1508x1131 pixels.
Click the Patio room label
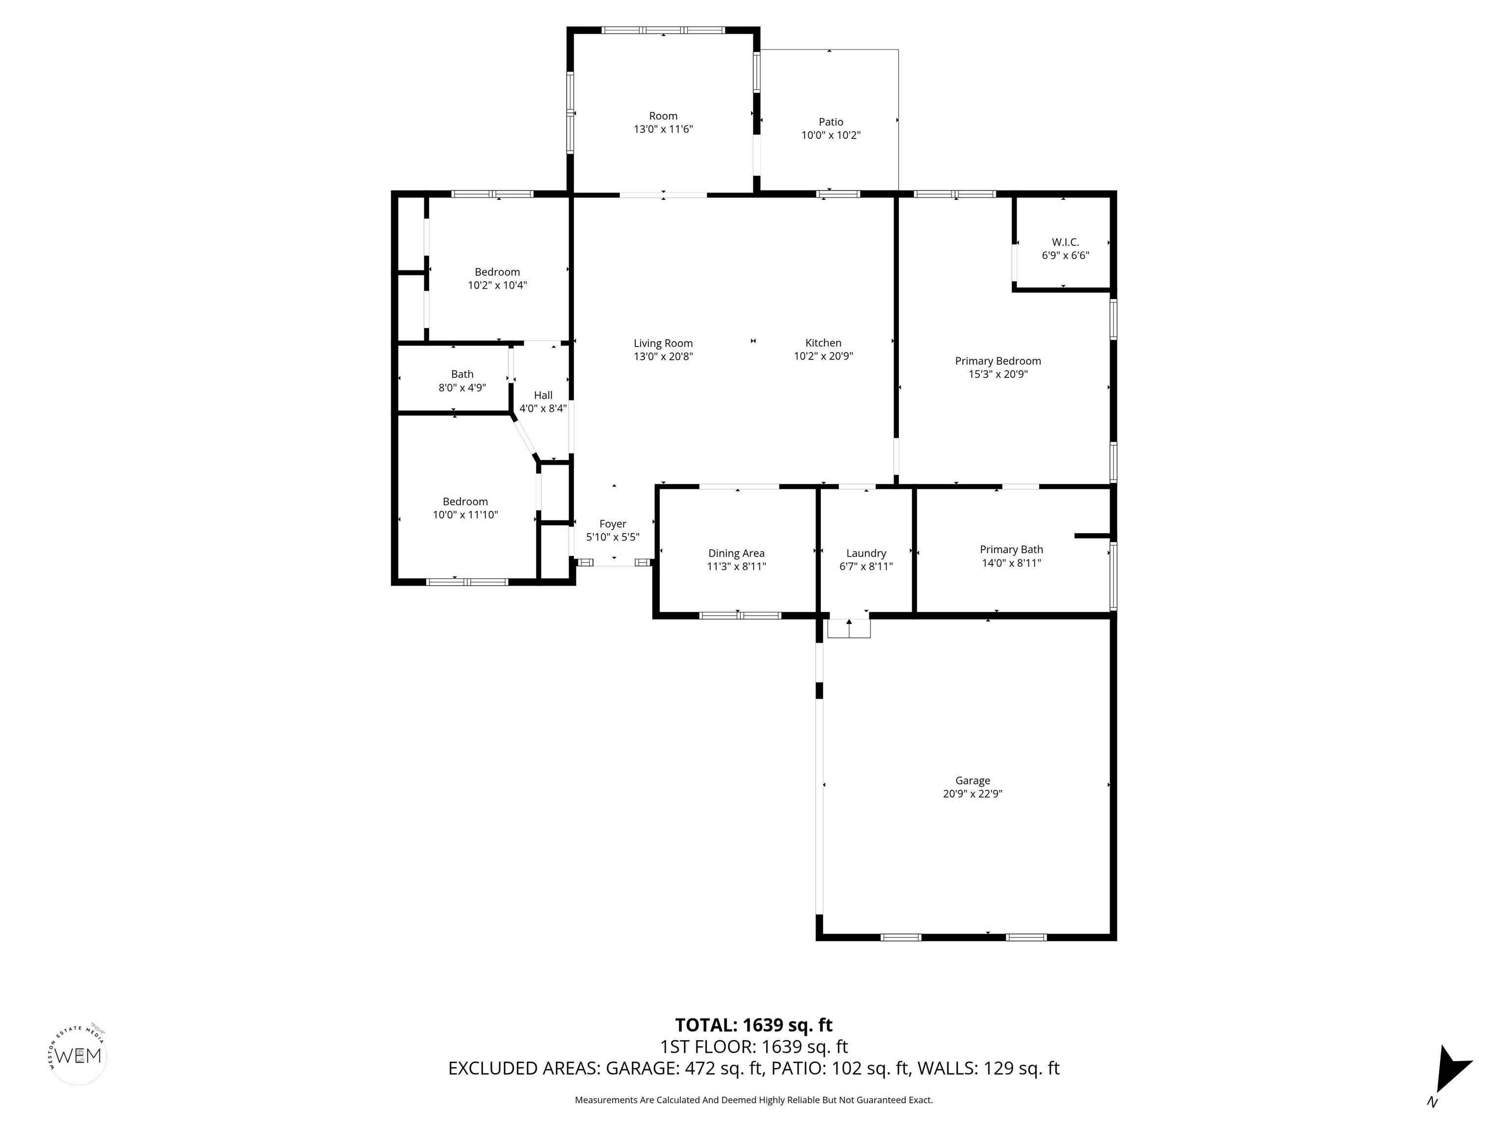pyautogui.click(x=831, y=122)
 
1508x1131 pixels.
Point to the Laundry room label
pyautogui.click(x=866, y=554)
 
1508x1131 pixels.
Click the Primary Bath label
pyautogui.click(x=1011, y=549)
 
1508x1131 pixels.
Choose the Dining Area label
pyautogui.click(x=736, y=554)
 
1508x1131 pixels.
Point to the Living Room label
pyautogui.click(x=663, y=344)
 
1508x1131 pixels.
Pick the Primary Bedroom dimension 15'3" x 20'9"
pyautogui.click(x=998, y=374)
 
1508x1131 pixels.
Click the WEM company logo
pyautogui.click(x=79, y=1055)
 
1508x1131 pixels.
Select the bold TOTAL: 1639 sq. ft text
pyautogui.click(x=754, y=1025)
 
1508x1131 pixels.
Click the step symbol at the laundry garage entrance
pyautogui.click(x=849, y=627)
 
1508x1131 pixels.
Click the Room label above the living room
pyautogui.click(x=663, y=116)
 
